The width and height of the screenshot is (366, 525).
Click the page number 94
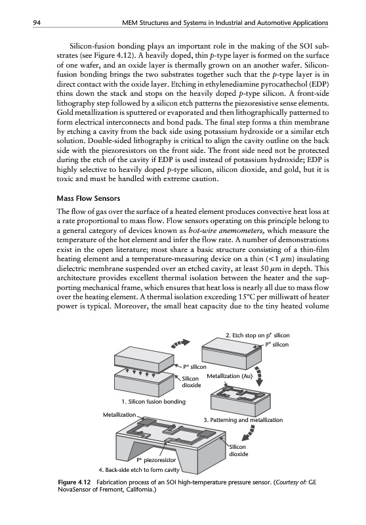click(x=37, y=23)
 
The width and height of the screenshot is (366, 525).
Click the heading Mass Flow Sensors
click(x=89, y=198)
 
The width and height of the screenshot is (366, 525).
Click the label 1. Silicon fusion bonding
click(x=154, y=401)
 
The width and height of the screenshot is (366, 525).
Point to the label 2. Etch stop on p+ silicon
click(x=258, y=335)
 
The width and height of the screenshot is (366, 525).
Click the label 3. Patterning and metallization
click(x=243, y=420)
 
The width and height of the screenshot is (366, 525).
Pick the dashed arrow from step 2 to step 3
click(x=260, y=375)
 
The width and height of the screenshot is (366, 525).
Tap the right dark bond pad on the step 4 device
click(x=207, y=435)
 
